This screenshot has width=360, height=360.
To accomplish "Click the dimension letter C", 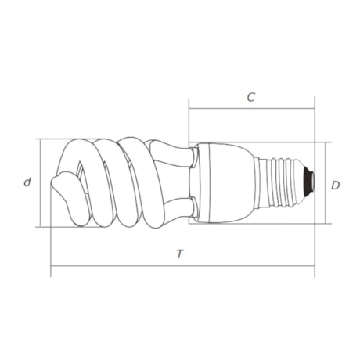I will click(x=250, y=98).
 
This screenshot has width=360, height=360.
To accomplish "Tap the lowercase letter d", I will click(x=27, y=182).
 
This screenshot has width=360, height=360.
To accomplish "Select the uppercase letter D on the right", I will click(x=335, y=185).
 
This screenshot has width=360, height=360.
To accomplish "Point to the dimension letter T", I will click(x=180, y=254).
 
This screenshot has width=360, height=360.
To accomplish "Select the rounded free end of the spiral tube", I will click(x=59, y=188).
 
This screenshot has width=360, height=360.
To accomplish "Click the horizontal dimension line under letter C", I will click(x=250, y=110).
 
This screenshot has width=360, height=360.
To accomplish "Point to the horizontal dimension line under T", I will click(x=182, y=266).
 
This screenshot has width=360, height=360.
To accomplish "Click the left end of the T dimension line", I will click(x=51, y=266).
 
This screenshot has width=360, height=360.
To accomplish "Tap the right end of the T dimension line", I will click(x=315, y=266).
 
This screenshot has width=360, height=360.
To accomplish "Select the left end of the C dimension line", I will click(x=189, y=110).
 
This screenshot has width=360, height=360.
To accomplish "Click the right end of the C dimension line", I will click(x=315, y=110).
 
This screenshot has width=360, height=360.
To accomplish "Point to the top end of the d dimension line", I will click(x=40, y=139).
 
